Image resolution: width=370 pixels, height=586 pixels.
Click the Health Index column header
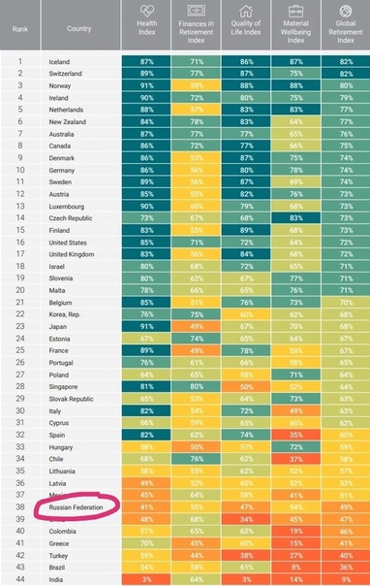(148, 25)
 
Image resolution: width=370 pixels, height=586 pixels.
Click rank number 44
(19, 578)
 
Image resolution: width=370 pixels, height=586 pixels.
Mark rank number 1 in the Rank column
(19, 61)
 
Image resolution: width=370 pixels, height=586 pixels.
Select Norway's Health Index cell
(148, 85)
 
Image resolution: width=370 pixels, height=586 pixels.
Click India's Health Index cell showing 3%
(148, 578)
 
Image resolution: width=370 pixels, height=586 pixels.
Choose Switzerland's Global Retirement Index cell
(345, 74)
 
